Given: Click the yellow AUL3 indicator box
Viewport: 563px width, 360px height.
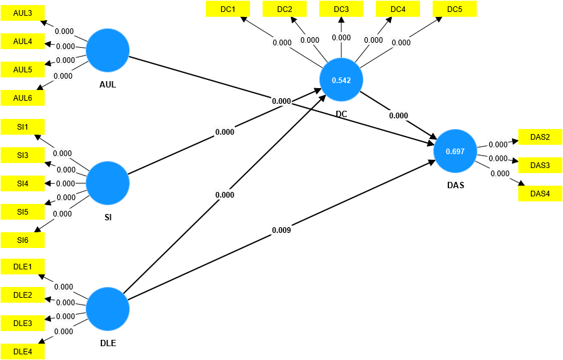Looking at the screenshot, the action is click(23, 13).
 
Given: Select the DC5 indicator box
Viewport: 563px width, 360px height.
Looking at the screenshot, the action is click(455, 9).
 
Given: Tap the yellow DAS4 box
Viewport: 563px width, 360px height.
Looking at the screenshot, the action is click(540, 194).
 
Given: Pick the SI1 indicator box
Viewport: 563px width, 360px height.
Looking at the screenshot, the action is click(23, 127).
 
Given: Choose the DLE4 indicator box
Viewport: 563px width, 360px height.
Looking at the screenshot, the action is click(23, 352).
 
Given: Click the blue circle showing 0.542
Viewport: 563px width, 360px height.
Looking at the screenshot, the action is click(341, 80).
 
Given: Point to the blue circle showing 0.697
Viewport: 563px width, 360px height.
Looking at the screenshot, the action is click(455, 151).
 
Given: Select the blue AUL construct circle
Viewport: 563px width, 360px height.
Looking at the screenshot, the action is click(108, 50).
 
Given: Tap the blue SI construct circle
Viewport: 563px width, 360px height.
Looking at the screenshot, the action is click(108, 183).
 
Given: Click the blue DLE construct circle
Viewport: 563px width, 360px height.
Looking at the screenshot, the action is click(108, 309).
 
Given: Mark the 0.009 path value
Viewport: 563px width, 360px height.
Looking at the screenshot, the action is click(281, 230).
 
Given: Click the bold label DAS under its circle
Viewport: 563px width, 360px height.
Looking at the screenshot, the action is click(456, 185).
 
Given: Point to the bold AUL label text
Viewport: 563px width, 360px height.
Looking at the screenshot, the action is click(108, 85).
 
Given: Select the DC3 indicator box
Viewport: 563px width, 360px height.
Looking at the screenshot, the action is click(341, 9).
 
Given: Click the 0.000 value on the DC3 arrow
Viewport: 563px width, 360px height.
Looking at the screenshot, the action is click(341, 38).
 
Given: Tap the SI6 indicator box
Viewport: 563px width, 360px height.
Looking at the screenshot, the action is click(23, 240).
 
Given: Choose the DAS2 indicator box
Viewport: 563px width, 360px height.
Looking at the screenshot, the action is click(540, 137).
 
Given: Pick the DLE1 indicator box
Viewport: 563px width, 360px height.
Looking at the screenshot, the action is click(23, 267).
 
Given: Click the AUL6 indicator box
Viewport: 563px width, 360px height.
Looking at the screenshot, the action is click(23, 98).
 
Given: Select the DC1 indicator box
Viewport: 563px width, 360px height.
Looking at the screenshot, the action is click(227, 9).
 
